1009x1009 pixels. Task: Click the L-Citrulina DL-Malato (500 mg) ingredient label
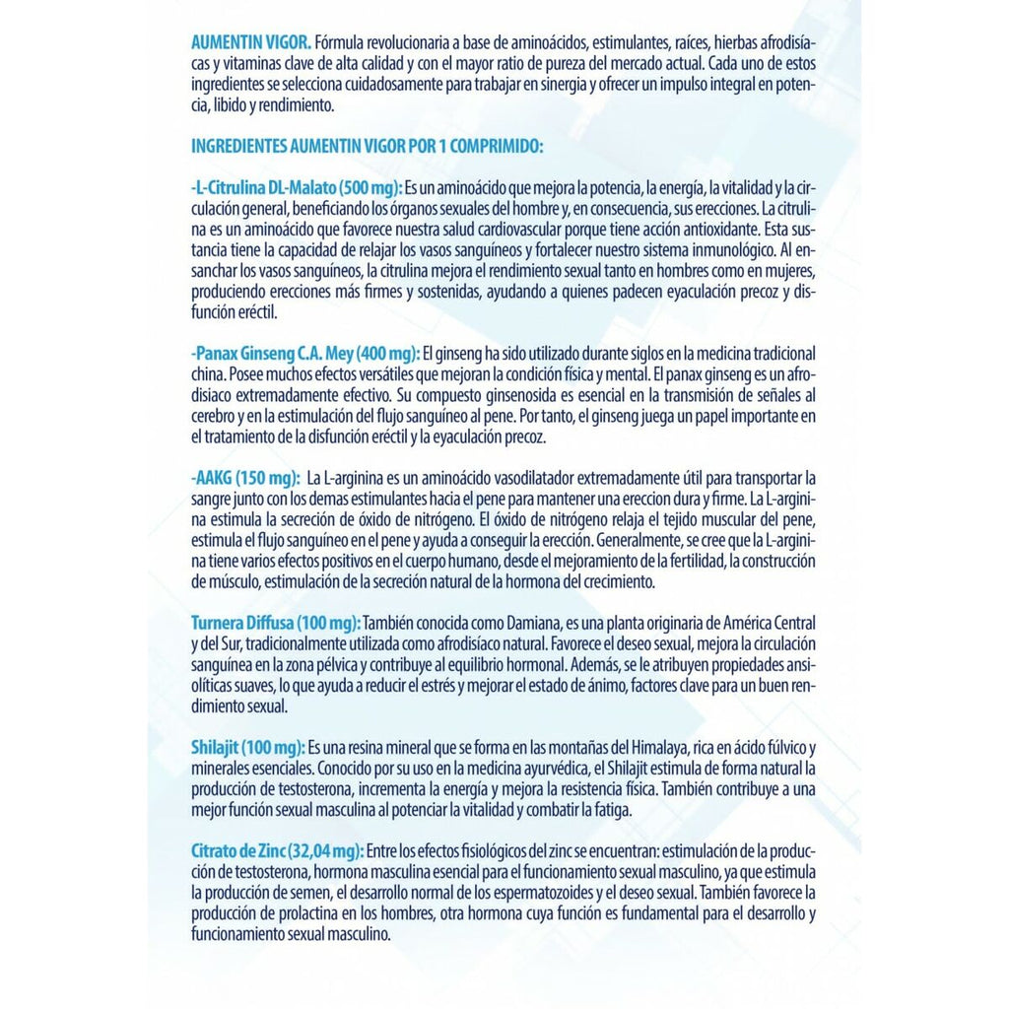[296, 188]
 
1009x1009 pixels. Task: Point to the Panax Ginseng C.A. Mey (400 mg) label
[304, 354]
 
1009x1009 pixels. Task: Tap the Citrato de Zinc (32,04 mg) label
[277, 850]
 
